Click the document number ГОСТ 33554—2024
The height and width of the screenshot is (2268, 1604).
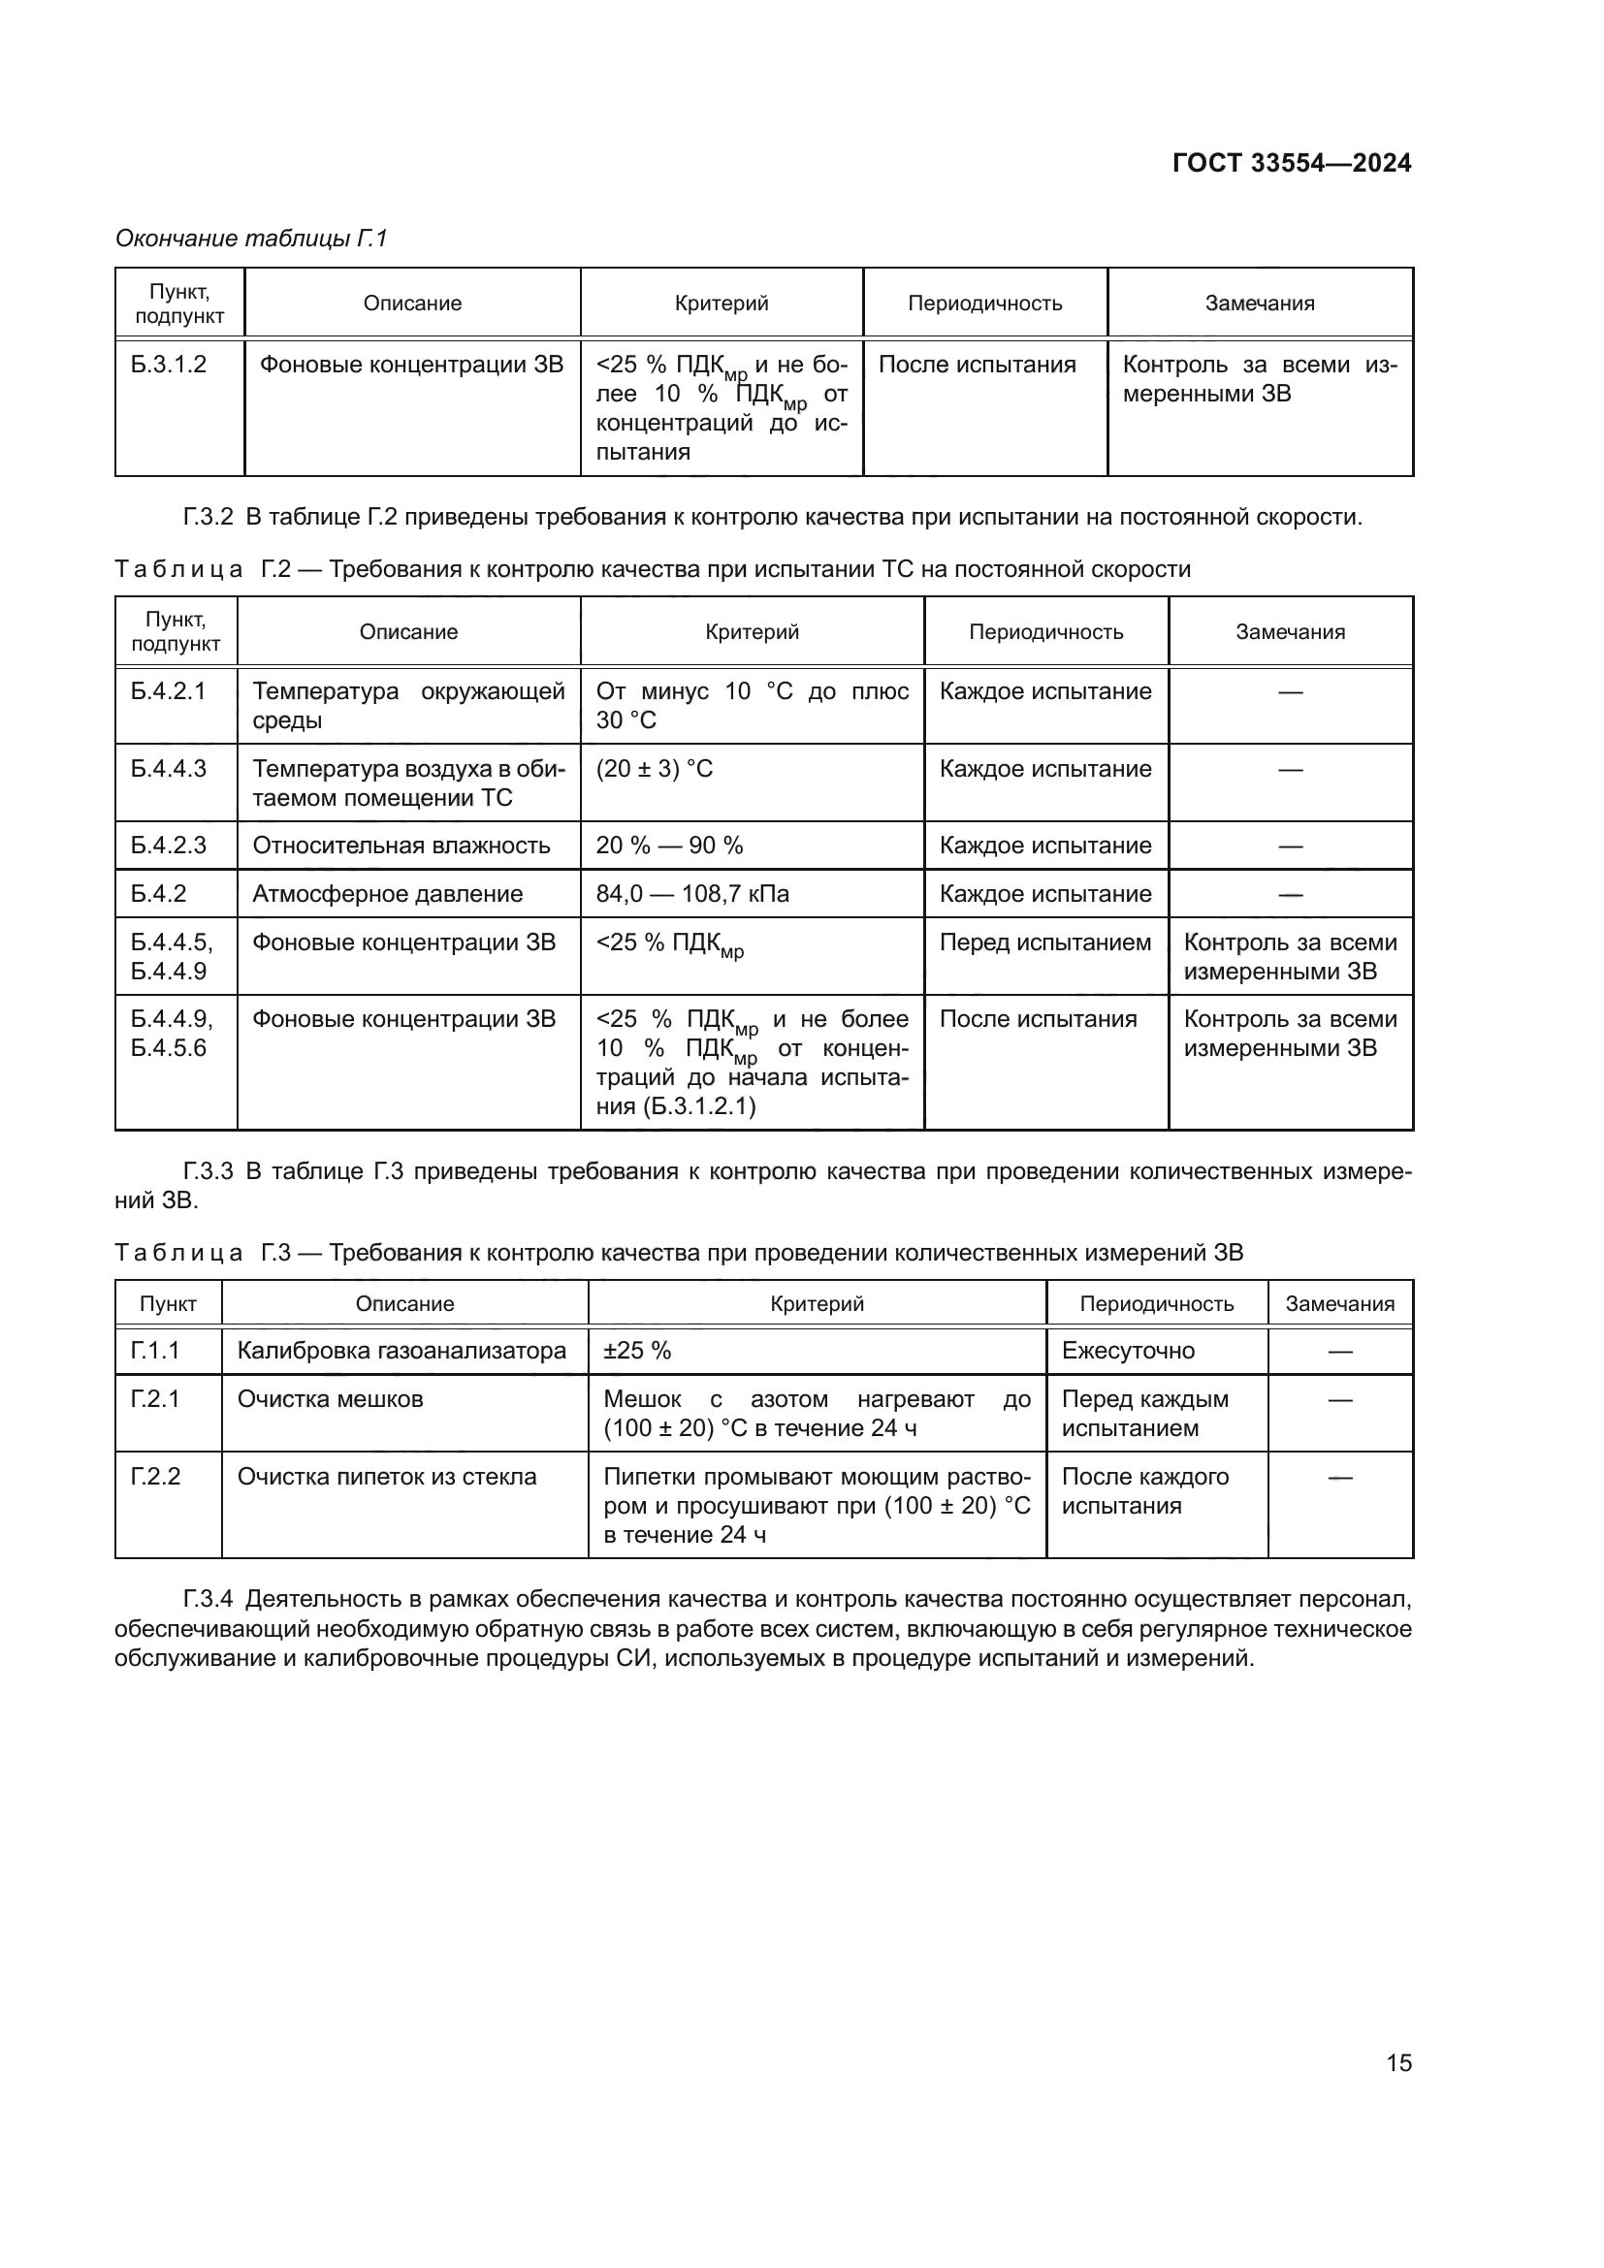point(1291,163)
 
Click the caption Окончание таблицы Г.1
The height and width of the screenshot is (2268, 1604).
point(251,239)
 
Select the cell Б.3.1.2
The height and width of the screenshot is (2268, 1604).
point(169,365)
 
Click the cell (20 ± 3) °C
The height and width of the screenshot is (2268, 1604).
point(654,769)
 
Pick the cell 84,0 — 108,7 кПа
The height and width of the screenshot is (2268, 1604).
point(691,894)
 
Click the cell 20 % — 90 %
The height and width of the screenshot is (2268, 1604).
point(669,846)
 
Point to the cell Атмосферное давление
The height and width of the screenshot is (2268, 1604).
point(387,894)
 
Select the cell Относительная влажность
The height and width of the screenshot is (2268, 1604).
point(401,846)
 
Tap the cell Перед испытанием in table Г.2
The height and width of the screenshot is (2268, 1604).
point(1045,942)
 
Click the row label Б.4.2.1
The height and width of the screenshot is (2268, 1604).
point(169,691)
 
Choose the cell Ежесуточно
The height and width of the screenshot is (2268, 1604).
point(1128,1351)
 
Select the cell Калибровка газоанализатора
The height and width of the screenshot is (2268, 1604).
point(401,1351)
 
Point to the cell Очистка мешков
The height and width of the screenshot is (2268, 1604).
point(330,1399)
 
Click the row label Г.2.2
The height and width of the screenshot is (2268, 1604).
point(156,1477)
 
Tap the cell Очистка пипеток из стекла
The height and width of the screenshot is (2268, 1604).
point(386,1477)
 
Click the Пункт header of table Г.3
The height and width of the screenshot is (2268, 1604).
point(168,1304)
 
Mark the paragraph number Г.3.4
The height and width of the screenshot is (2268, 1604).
point(208,1598)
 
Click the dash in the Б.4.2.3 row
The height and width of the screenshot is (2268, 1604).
point(1290,847)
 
